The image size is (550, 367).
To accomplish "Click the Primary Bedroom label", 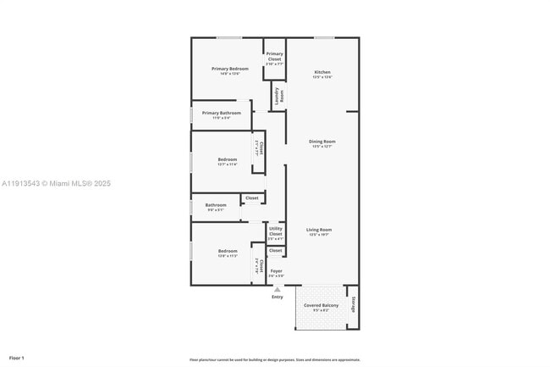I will click(x=230, y=69).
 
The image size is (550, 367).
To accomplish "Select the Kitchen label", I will click(x=322, y=72).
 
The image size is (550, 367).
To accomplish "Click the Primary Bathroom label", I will click(x=222, y=113).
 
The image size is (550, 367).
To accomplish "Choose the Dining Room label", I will click(x=322, y=142).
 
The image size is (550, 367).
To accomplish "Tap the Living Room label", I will click(x=319, y=230).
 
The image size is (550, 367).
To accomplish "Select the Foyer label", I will click(x=277, y=271).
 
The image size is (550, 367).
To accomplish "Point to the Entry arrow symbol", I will click(x=277, y=289).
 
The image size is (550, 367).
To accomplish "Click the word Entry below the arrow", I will click(x=277, y=297).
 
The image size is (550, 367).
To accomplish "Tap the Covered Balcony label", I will click(x=322, y=304).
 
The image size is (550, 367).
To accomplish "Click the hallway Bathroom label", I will click(x=216, y=204).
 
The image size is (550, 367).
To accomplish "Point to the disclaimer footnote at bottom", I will click(x=275, y=359).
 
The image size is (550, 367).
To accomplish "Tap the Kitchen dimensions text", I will click(x=322, y=77).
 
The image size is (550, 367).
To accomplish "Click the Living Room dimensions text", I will click(x=319, y=235).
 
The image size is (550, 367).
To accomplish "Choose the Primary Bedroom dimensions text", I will click(x=230, y=75).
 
